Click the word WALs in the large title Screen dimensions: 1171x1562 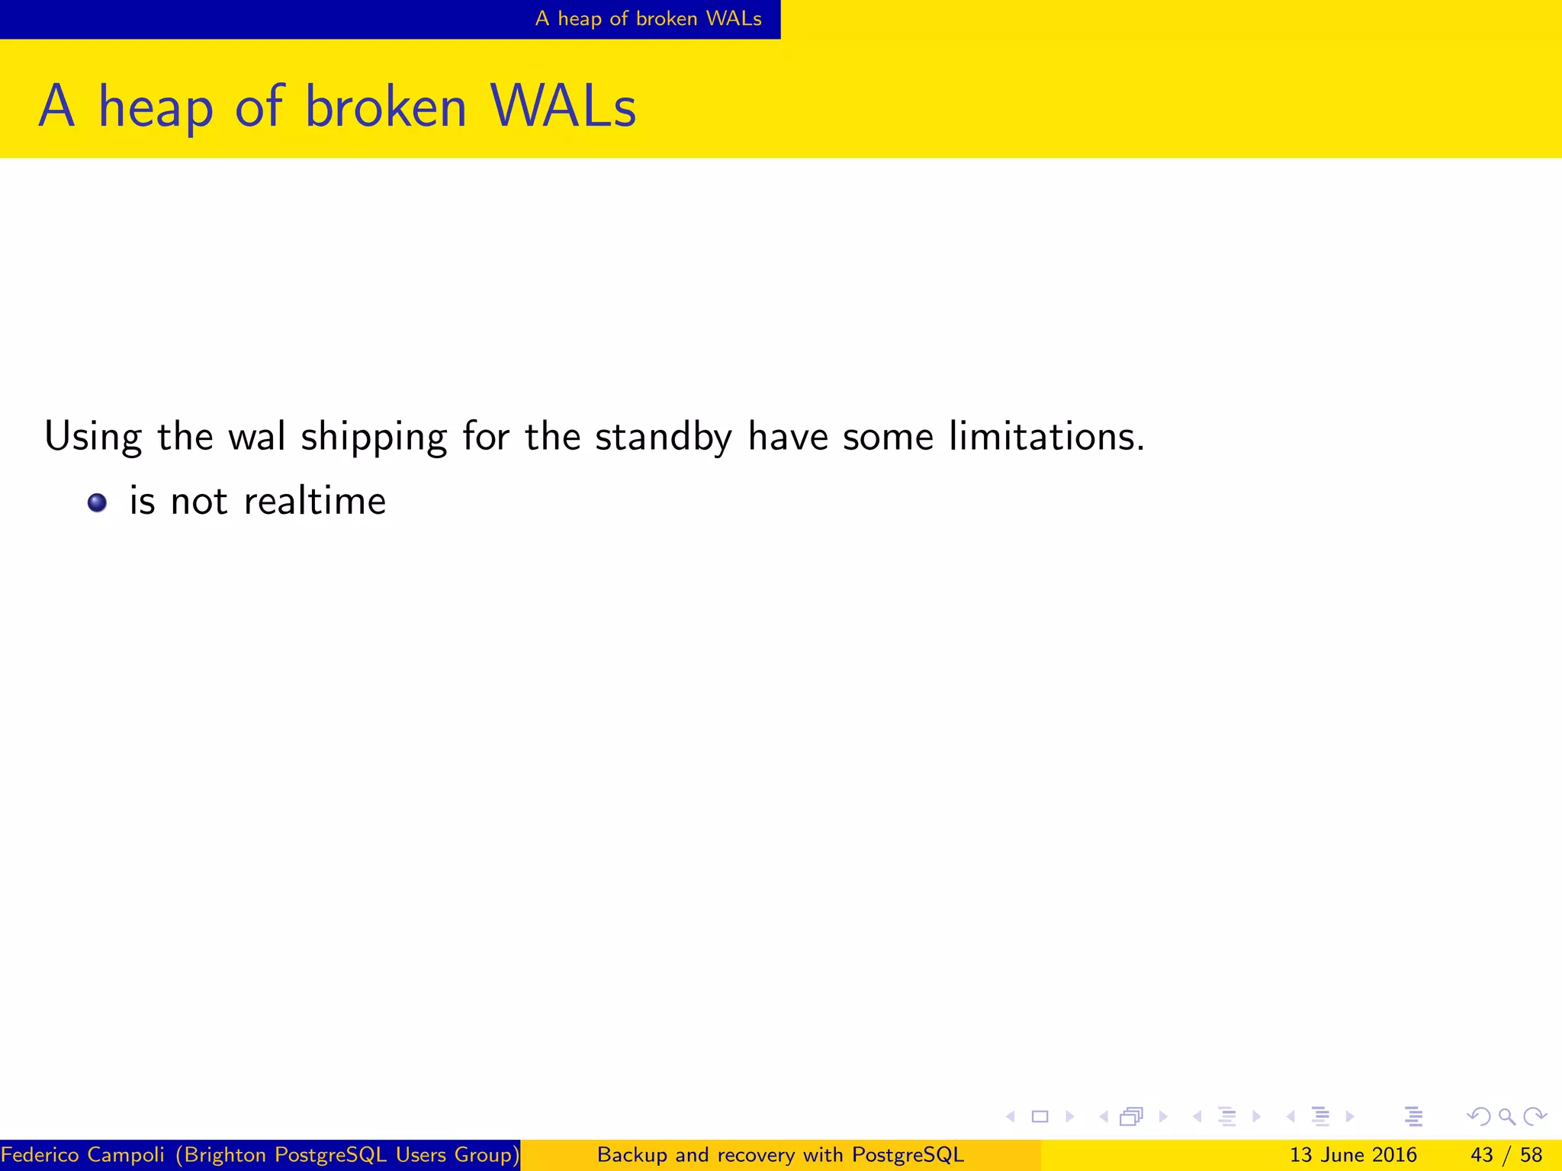pyautogui.click(x=563, y=107)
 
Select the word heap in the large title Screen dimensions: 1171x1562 pyautogui.click(x=156, y=108)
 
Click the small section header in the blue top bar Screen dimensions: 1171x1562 pyautogui.click(x=648, y=18)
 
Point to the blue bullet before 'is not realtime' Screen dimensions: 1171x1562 pyautogui.click(x=97, y=502)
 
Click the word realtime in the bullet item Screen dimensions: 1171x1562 pyautogui.click(x=314, y=502)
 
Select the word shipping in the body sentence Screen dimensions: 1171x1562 pyautogui.click(x=374, y=438)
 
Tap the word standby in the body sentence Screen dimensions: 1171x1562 pyautogui.click(x=664, y=438)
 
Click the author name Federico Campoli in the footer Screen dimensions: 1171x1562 pyautogui.click(x=82, y=1155)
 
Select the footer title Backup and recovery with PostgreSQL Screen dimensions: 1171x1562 pyautogui.click(x=780, y=1155)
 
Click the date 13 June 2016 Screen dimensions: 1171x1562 pyautogui.click(x=1353, y=1155)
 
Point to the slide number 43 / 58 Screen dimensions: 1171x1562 pyautogui.click(x=1506, y=1155)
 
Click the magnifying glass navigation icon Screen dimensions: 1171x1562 pyautogui.click(x=1506, y=1117)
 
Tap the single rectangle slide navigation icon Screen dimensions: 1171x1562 pyautogui.click(x=1040, y=1117)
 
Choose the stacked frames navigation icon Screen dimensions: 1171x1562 pyautogui.click(x=1131, y=1117)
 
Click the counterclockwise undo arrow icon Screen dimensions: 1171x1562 pyautogui.click(x=1478, y=1117)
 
